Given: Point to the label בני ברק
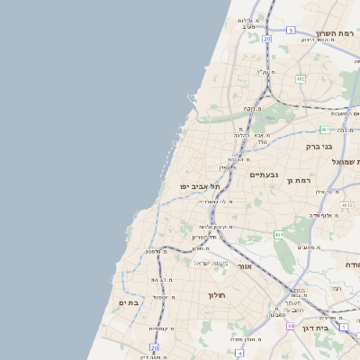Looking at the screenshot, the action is tap(319, 145).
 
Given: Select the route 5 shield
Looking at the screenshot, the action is tap(291, 31).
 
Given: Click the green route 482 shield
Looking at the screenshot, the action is tap(301, 79).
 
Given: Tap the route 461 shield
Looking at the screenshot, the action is tap(280, 235).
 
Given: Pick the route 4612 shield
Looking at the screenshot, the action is tap(347, 206).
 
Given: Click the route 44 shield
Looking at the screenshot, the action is tap(291, 326).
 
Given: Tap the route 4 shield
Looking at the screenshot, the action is tap(240, 354).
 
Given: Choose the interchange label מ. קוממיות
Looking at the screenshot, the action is tap(162, 328).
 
